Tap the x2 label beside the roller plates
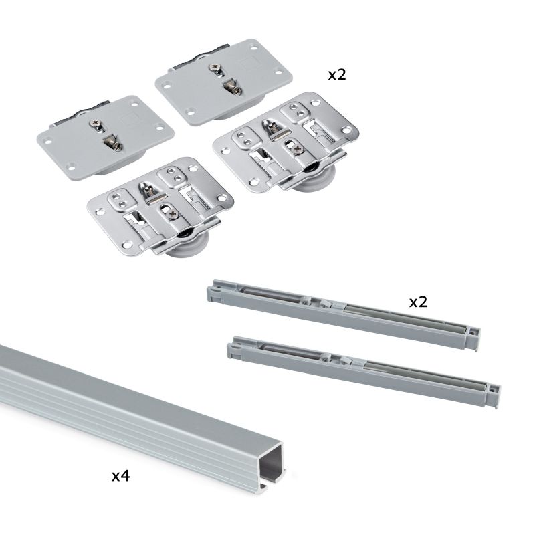tap(336, 74)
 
